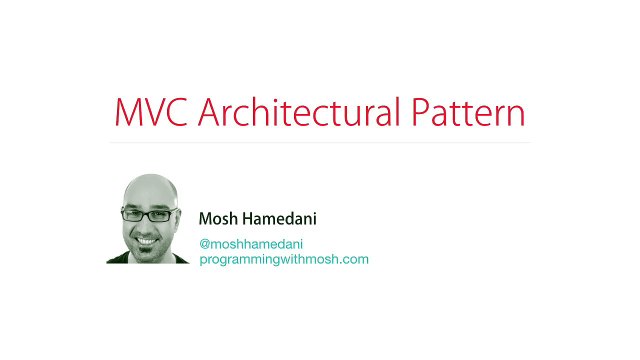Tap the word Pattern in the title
[468, 112]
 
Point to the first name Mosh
[217, 219]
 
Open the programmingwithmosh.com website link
[284, 259]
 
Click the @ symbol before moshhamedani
[204, 243]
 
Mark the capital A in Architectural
[211, 112]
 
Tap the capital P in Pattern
[421, 112]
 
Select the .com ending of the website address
[355, 259]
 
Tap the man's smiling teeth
[147, 240]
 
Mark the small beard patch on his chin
[147, 251]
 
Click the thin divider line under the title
[320, 143]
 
